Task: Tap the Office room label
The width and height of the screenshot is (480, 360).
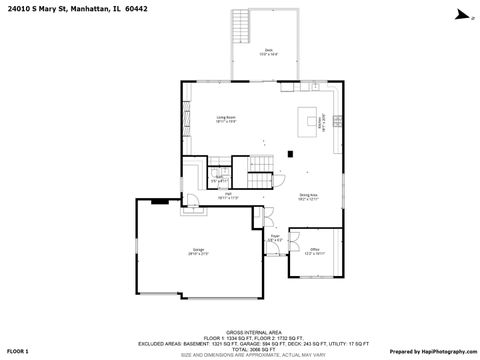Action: (x=313, y=249)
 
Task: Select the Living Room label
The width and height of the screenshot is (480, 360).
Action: (x=226, y=118)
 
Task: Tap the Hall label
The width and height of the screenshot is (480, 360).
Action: (x=228, y=194)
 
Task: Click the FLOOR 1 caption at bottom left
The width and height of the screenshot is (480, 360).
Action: (x=19, y=352)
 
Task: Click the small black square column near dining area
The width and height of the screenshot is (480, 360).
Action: (x=290, y=153)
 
